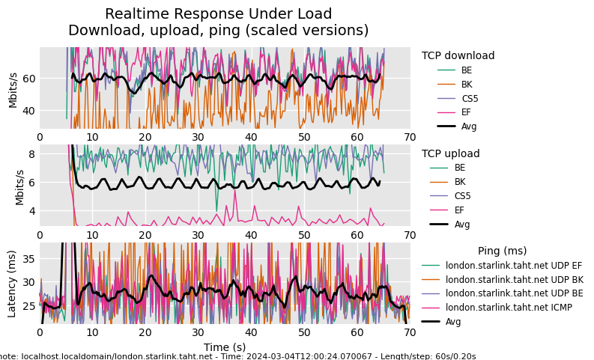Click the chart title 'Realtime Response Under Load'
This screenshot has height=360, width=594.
pyautogui.click(x=218, y=14)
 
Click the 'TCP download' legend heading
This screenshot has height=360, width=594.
pyautogui.click(x=458, y=55)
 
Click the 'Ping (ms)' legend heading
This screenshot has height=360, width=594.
pyautogui.click(x=502, y=251)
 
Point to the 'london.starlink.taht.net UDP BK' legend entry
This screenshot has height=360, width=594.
pyautogui.click(x=514, y=279)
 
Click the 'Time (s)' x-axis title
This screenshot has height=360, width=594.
pyautogui.click(x=225, y=347)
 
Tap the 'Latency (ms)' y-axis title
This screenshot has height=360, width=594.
pyautogui.click(x=12, y=284)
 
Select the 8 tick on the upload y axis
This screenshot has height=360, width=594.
pyautogui.click(x=31, y=154)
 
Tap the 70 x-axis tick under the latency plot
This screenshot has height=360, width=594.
pyautogui.click(x=410, y=333)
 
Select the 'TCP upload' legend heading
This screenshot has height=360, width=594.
pyautogui.click(x=451, y=153)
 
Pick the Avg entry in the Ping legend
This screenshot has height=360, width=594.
pyautogui.click(x=453, y=322)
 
